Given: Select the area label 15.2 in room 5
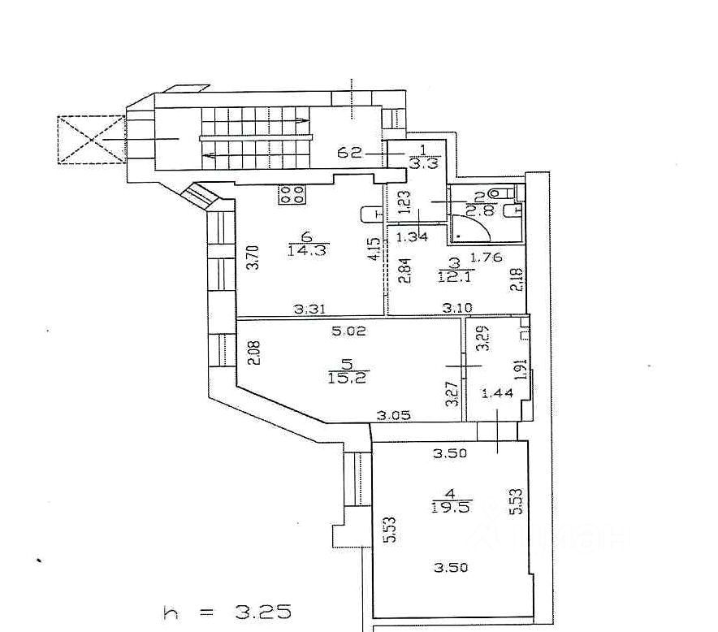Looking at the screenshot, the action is [351, 379].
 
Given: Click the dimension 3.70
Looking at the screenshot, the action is [252, 258].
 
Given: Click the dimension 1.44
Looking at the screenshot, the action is [498, 394].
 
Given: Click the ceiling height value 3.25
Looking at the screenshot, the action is [262, 612].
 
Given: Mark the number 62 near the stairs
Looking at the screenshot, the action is [350, 152].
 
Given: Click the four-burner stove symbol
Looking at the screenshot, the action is [292, 194].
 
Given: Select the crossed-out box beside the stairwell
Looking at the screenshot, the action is [90, 140].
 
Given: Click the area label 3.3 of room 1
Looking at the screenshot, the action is [426, 162].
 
